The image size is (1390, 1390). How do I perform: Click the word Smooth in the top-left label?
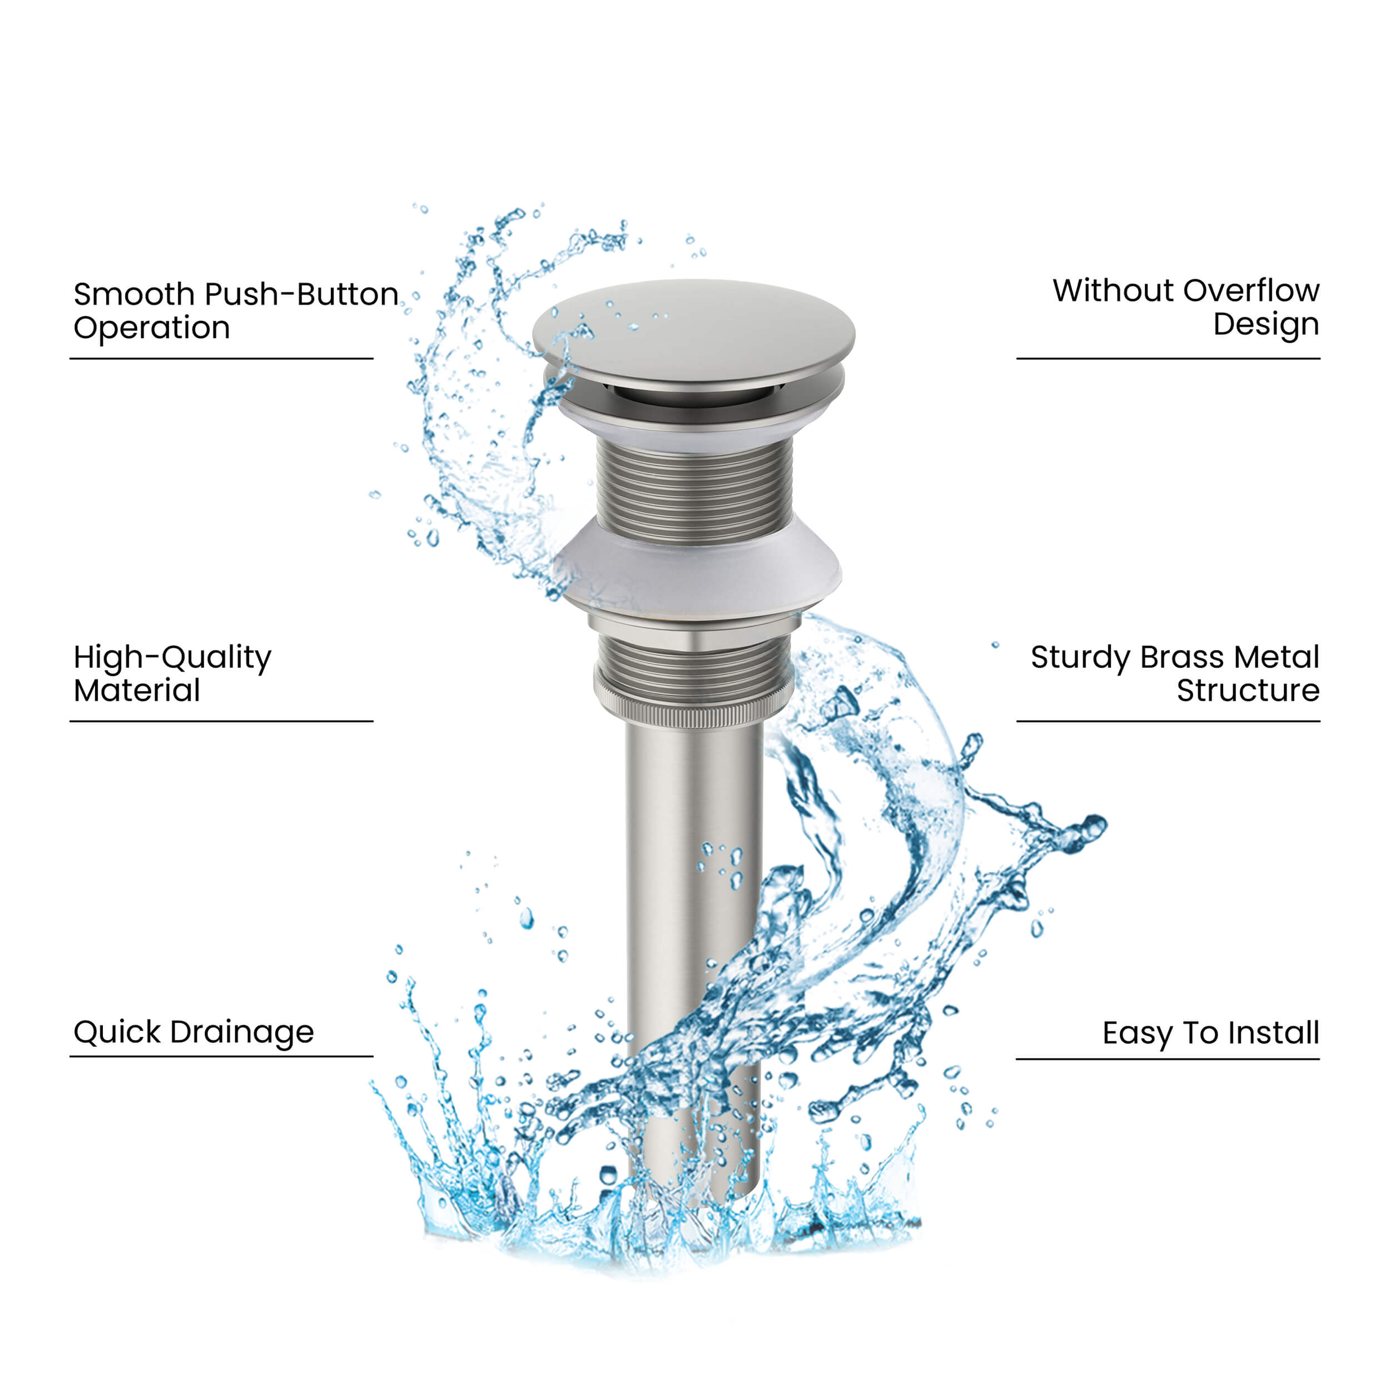coord(134,294)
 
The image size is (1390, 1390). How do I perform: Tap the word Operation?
coord(152,328)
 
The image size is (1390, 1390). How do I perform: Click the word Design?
coord(1266,325)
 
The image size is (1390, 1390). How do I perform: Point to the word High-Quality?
coord(173,658)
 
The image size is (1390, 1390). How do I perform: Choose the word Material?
coord(137,691)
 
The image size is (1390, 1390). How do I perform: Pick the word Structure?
coord(1248,691)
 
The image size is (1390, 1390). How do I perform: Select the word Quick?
coord(117,1032)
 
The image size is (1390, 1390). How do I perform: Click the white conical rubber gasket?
coord(697,568)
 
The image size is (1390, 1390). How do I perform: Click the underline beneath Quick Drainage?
coord(222,1056)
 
